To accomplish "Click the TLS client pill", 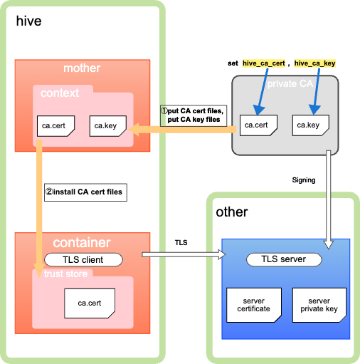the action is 83,259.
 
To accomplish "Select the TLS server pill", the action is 284,259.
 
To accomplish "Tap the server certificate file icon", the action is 254,305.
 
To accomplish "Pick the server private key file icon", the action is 319,305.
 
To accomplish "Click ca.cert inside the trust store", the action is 90,303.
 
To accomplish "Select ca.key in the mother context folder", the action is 108,126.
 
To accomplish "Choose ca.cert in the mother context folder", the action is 55,126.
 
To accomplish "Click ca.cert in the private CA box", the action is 258,125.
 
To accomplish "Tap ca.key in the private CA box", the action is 311,125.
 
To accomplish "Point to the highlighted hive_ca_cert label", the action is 264,63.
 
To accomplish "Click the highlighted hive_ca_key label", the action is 314,63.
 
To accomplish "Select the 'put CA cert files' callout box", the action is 194,115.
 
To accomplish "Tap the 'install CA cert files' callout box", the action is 85,192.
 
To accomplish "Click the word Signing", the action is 304,180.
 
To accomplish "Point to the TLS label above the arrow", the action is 181,242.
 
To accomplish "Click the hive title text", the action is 28,21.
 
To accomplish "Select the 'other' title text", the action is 232,212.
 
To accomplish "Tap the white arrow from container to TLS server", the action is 184,254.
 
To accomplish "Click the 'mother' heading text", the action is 82,68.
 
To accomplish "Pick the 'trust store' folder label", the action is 65,274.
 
